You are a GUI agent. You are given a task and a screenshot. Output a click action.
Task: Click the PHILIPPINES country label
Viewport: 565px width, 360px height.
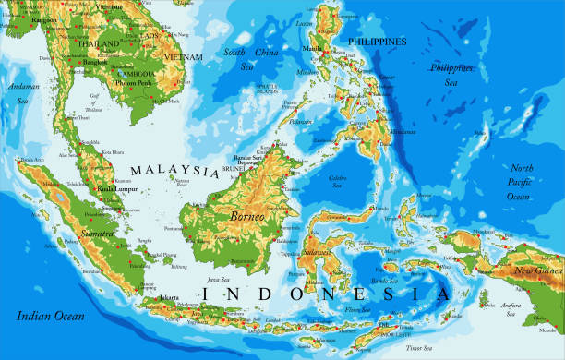(x=377, y=42)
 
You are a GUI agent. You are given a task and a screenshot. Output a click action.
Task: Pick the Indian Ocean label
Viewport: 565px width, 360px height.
(x=49, y=316)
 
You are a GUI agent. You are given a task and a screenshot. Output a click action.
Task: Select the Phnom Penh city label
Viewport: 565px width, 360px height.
(x=134, y=83)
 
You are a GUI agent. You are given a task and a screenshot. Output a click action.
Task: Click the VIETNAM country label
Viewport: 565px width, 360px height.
(x=181, y=56)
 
